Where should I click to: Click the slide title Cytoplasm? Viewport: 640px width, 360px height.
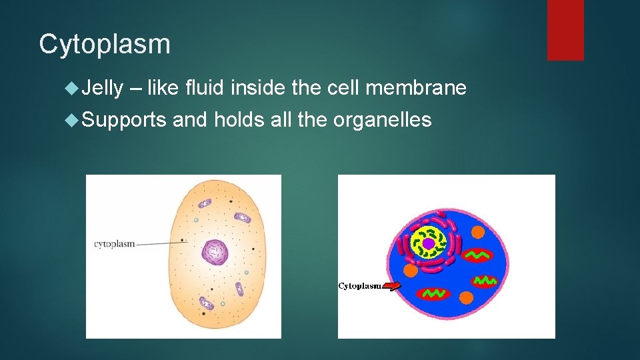pos(105,45)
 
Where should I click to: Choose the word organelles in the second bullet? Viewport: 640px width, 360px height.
pos(383,120)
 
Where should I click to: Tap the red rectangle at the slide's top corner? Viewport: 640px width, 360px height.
pos(565,30)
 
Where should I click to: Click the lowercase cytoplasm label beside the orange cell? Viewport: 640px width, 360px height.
pos(114,244)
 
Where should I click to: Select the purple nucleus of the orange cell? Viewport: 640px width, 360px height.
pos(215,253)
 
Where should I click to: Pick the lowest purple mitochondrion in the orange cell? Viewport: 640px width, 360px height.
pos(207,304)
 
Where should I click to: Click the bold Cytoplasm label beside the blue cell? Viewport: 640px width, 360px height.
pos(360,286)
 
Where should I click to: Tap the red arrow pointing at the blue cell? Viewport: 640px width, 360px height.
pos(392,286)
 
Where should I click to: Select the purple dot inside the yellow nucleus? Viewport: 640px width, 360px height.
pos(428,243)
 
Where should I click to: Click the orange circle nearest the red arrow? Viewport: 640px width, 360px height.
pos(411,270)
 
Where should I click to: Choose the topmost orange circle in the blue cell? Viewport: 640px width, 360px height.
pos(477,233)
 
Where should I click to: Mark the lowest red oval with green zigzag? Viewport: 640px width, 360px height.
pos(434,293)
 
